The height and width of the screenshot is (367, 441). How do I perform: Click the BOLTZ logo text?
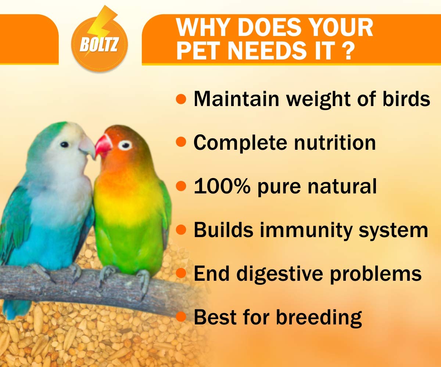[x=99, y=44]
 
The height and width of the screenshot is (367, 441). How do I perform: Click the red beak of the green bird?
[x=103, y=146]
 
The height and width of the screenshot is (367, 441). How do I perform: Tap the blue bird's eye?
[x=64, y=145]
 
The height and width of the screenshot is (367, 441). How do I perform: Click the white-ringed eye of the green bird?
[x=125, y=145]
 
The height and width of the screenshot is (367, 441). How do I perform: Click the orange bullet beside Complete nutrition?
[x=181, y=142]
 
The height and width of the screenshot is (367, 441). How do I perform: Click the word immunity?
[x=306, y=230]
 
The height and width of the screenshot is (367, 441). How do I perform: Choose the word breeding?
[x=319, y=318]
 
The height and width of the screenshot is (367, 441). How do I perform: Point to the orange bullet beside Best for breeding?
[x=181, y=317]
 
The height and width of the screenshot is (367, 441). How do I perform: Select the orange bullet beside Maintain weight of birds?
[x=181, y=99]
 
